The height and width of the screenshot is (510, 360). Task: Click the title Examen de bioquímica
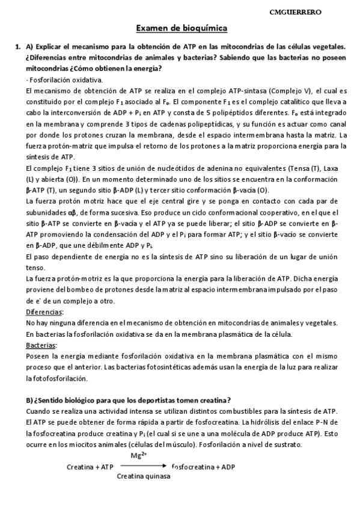180,28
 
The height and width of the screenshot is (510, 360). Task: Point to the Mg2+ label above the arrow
139,455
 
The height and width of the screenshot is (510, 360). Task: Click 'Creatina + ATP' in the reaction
90,466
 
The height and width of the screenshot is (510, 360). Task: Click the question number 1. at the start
17,46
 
